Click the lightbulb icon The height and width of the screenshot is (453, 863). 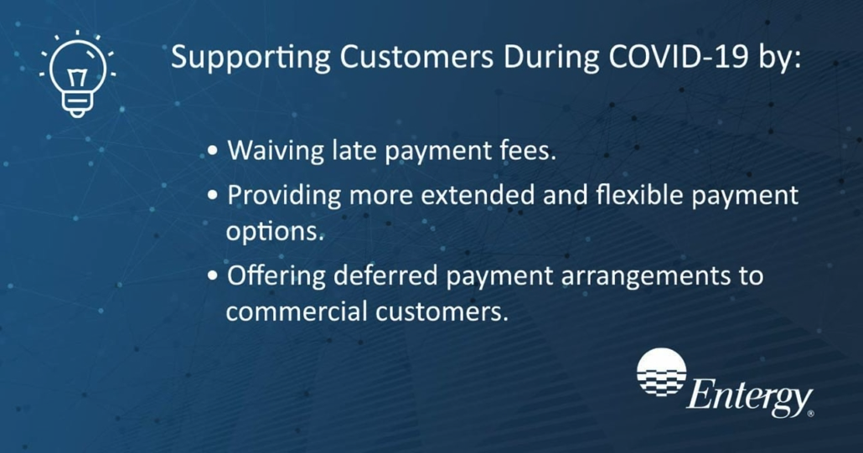tap(77, 75)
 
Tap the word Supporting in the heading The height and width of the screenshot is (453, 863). tap(251, 58)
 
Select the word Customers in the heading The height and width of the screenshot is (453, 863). tap(416, 57)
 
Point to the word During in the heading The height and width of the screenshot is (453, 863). tap(550, 58)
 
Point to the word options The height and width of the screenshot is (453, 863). tap(273, 231)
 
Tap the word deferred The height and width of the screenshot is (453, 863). tap(385, 275)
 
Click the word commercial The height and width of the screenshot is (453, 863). tap(297, 311)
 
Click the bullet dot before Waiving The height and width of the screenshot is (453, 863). tap(214, 152)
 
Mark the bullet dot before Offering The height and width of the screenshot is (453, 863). tap(214, 275)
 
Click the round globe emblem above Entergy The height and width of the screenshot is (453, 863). tap(662, 372)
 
